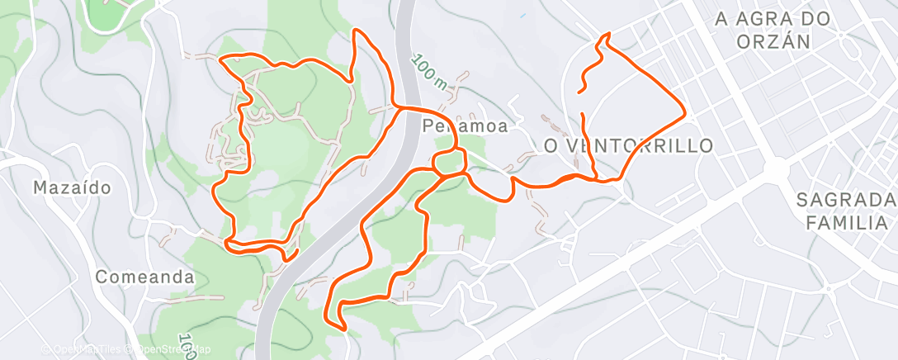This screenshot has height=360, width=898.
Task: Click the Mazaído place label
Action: (x=72, y=187)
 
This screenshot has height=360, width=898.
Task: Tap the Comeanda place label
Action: (x=144, y=277)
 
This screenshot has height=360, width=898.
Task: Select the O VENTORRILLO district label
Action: (x=629, y=146)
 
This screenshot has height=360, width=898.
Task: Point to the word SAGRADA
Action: (x=846, y=200)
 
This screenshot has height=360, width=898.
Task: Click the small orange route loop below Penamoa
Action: (x=448, y=163)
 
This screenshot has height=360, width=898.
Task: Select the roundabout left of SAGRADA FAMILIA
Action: (x=776, y=169)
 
